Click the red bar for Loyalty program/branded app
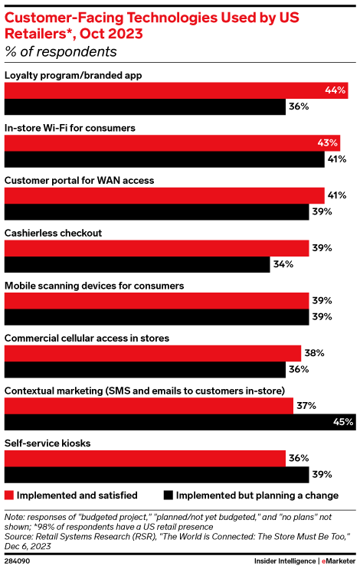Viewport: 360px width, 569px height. (x=176, y=90)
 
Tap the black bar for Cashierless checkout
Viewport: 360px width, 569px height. (x=138, y=265)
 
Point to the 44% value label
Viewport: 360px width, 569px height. (x=335, y=90)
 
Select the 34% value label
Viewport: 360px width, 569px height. (x=282, y=265)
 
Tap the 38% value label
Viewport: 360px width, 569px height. (x=314, y=353)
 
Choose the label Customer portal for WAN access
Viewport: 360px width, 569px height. (x=80, y=180)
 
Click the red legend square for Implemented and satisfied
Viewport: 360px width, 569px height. (x=9, y=495)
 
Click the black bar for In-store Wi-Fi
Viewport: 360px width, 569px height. (x=165, y=160)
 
